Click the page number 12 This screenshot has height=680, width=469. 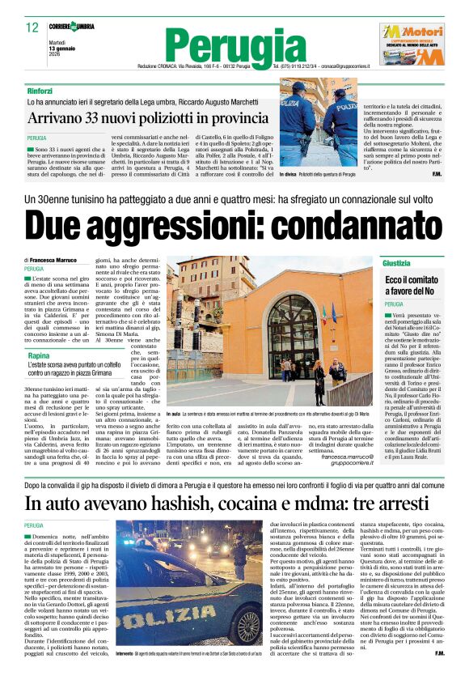pyautogui.click(x=32, y=28)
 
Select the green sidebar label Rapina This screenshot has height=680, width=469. pyautogui.click(x=37, y=355)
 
